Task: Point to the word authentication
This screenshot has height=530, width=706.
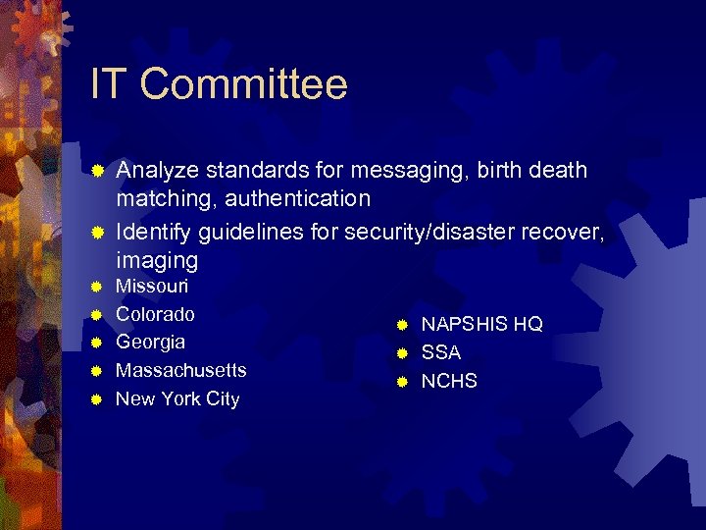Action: [297, 199]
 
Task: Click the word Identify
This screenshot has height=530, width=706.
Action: [154, 233]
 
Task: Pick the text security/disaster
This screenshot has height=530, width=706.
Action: [423, 233]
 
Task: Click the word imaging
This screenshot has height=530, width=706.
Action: [157, 261]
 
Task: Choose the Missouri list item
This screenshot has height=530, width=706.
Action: [152, 287]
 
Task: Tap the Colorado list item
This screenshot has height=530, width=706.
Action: [155, 315]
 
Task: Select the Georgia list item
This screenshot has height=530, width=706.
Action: [150, 343]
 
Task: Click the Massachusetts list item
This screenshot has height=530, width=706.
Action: [181, 371]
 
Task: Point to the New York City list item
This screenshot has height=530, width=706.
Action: [177, 399]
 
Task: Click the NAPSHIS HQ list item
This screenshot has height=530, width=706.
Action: [481, 325]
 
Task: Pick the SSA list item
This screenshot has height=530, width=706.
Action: [441, 352]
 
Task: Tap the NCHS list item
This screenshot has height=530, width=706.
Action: [449, 381]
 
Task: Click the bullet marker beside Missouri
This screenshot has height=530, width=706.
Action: [96, 288]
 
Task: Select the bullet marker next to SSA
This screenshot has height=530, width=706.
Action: [401, 353]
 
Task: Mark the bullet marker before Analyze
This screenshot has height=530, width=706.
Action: [96, 172]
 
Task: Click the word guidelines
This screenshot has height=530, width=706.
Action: [248, 233]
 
